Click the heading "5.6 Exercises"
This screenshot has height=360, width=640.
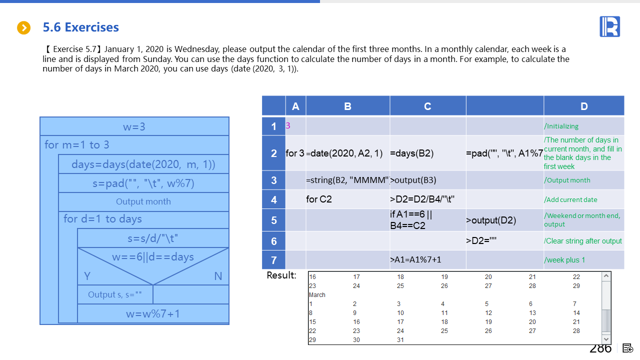(81, 27)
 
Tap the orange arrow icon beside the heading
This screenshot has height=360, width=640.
(24, 27)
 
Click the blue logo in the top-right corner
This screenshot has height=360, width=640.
(609, 26)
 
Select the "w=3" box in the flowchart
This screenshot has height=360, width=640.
(134, 126)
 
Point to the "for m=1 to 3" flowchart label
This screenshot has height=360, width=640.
(77, 145)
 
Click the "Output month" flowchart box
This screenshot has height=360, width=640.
(143, 201)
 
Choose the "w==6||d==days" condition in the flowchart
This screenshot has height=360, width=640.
(153, 257)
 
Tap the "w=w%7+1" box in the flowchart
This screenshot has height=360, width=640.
(153, 313)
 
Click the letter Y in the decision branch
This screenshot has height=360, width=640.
(87, 276)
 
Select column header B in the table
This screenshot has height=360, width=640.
(347, 106)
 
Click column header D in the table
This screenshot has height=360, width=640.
(584, 106)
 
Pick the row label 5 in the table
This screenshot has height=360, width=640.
(273, 220)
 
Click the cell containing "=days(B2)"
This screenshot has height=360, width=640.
(412, 153)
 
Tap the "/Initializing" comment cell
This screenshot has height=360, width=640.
(561, 126)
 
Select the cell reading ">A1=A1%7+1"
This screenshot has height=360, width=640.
(415, 260)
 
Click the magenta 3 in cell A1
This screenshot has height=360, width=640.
(288, 126)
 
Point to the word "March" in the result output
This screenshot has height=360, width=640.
(317, 295)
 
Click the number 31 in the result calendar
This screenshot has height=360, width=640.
(400, 340)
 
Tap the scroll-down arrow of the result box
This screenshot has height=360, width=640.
(606, 339)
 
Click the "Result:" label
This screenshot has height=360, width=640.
(281, 275)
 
